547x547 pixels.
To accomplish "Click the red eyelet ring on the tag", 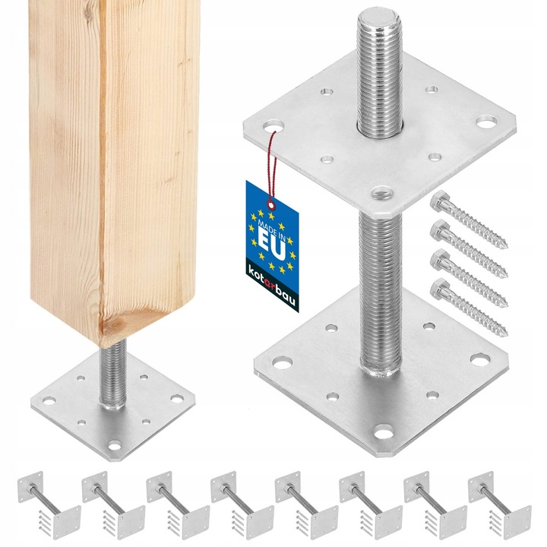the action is (271, 205).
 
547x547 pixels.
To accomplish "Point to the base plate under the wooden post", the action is (112, 406).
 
